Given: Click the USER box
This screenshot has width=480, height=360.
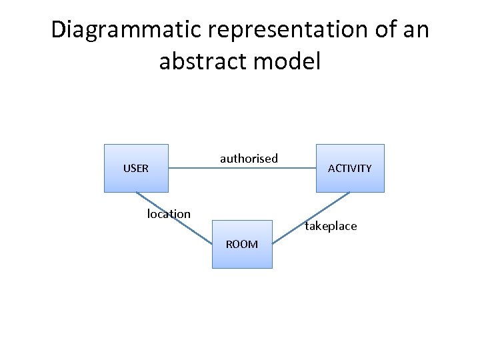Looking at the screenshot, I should (136, 180).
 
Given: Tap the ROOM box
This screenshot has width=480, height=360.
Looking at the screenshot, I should (242, 257).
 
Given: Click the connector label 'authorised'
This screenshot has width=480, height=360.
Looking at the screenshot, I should (249, 159).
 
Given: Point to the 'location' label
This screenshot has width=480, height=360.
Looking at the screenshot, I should (169, 214).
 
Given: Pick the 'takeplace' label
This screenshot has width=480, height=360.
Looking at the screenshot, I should (331, 227).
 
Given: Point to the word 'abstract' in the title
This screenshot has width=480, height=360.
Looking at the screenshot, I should (203, 62).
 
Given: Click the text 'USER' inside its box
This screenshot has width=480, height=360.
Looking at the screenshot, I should (136, 169).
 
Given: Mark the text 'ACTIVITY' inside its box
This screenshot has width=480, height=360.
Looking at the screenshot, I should (350, 169).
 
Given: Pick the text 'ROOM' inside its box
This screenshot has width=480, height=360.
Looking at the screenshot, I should (242, 244).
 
